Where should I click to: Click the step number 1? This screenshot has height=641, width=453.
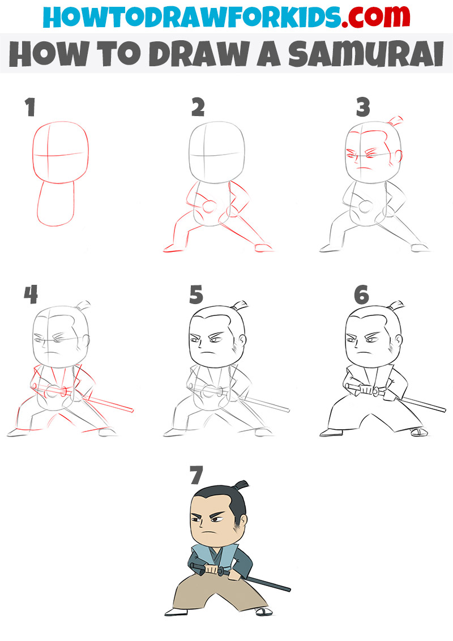[30, 108]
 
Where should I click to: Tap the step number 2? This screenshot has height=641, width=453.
[198, 108]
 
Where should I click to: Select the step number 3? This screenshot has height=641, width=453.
[363, 108]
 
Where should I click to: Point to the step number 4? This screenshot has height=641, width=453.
[31, 294]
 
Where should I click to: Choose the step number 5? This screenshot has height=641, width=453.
[196, 294]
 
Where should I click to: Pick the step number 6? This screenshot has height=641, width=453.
[361, 294]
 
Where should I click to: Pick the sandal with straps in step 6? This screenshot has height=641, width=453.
[418, 432]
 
